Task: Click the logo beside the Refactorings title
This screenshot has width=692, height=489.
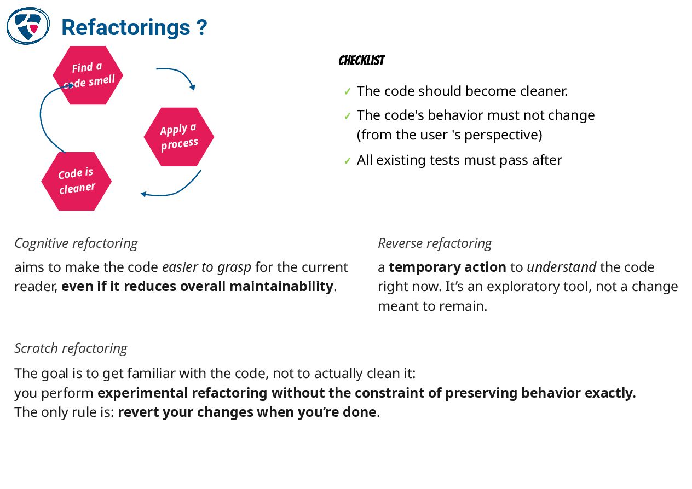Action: pos(28,26)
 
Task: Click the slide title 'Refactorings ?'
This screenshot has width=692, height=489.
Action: pos(134,27)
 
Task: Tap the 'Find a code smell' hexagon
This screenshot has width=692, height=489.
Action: pos(88,75)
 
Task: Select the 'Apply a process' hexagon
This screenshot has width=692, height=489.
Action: pos(178,137)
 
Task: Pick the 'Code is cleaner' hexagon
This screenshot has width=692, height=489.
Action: pos(76,181)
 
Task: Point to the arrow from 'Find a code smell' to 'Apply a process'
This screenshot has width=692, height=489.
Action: pos(178,74)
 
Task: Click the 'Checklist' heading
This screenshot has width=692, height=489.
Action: pos(361,61)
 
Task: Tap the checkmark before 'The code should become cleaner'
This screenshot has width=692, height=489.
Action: pos(347,91)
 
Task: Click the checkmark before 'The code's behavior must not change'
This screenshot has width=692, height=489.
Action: pos(347,116)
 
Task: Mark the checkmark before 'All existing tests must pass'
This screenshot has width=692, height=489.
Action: pos(347,161)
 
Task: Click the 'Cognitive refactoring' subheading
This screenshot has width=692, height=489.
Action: pos(76,243)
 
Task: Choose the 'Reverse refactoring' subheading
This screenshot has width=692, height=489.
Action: pos(435,243)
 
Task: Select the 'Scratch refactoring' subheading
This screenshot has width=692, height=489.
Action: pos(71,348)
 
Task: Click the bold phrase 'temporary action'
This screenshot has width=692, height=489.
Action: pos(447,267)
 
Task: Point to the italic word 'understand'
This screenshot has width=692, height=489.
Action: pos(561,267)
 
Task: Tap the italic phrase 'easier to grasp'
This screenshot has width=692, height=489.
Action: pos(206,267)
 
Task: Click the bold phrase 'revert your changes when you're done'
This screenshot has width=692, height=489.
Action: pos(247,412)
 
